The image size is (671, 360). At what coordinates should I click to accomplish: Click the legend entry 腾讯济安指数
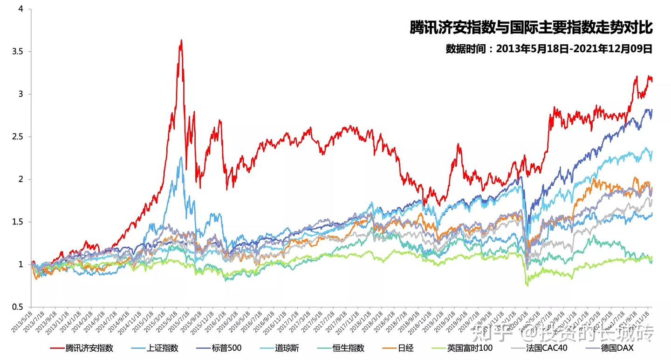89,348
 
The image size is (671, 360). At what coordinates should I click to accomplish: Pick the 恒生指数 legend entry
349,348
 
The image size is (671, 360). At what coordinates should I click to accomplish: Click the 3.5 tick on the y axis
17,52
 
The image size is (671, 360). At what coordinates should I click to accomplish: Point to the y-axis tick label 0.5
17,307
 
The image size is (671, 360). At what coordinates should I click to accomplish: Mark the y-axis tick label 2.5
17,137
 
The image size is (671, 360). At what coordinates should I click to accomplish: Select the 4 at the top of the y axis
21,9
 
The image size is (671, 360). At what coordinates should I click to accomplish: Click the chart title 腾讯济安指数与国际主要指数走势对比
531,27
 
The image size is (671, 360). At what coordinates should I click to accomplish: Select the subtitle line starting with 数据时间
548,49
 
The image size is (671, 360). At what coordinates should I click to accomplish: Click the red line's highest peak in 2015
181,41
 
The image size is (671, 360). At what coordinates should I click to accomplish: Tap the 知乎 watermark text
489,333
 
